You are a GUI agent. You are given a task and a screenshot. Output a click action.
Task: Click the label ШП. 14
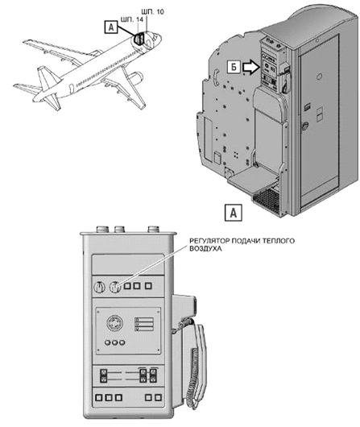[x=131, y=19]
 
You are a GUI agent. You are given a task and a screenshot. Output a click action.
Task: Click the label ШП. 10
[x=153, y=12]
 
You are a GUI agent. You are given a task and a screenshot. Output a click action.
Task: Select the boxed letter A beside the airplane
[x=111, y=27]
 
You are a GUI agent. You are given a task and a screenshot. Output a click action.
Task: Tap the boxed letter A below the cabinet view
[x=233, y=213]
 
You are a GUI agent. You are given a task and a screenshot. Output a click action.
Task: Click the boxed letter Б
[x=234, y=67]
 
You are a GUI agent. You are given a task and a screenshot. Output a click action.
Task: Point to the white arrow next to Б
[x=251, y=68]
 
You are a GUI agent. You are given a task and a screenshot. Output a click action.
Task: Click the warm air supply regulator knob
[x=115, y=287]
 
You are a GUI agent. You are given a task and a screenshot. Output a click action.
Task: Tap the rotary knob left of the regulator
[x=99, y=287]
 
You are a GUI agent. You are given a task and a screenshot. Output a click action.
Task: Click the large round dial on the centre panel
[x=114, y=324]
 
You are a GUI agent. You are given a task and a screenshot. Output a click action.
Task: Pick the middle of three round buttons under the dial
[x=115, y=342]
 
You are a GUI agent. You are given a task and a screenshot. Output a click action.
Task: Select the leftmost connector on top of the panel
[x=102, y=229]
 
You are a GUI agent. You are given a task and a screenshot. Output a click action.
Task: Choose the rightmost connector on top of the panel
[x=154, y=229]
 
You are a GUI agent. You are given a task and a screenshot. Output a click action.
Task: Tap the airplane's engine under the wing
[x=136, y=77]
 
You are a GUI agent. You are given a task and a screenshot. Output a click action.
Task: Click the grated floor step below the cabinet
[x=267, y=200]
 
